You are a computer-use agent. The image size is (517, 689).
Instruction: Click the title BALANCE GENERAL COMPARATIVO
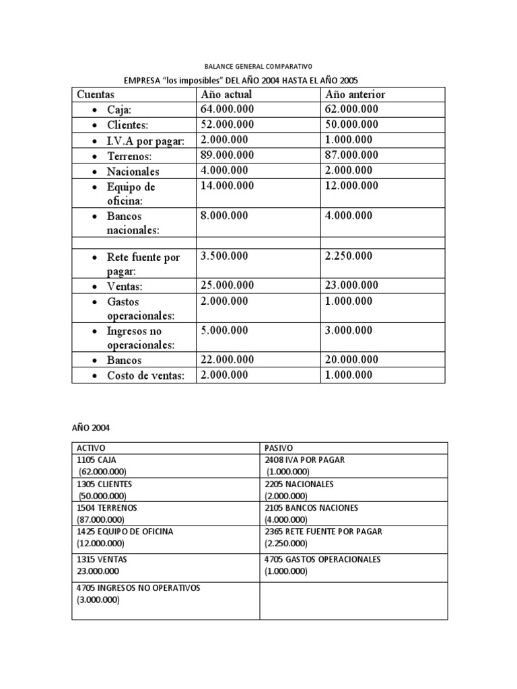coord(258,67)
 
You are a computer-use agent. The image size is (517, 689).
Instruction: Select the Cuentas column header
coord(96,95)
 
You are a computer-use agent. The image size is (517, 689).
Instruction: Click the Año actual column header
coord(226,95)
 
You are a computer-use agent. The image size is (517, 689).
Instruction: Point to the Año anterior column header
coord(355,95)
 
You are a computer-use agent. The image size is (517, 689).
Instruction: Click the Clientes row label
coord(127,125)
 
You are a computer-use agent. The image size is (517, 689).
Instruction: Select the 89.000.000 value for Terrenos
coord(228,155)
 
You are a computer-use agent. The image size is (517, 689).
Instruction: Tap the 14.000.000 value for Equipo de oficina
coord(228,186)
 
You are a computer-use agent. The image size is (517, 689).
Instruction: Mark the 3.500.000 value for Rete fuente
coord(224,256)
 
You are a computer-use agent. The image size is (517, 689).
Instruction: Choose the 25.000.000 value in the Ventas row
coord(228,285)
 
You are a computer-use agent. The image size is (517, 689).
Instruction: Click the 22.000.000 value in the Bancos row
coord(228,360)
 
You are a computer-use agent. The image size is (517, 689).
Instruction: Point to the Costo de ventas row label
coord(145,376)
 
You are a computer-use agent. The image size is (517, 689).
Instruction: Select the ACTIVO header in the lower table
coord(91,448)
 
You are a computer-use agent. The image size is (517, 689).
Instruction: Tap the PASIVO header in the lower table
coord(278,448)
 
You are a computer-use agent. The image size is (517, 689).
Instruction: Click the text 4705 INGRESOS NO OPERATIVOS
coord(139,588)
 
